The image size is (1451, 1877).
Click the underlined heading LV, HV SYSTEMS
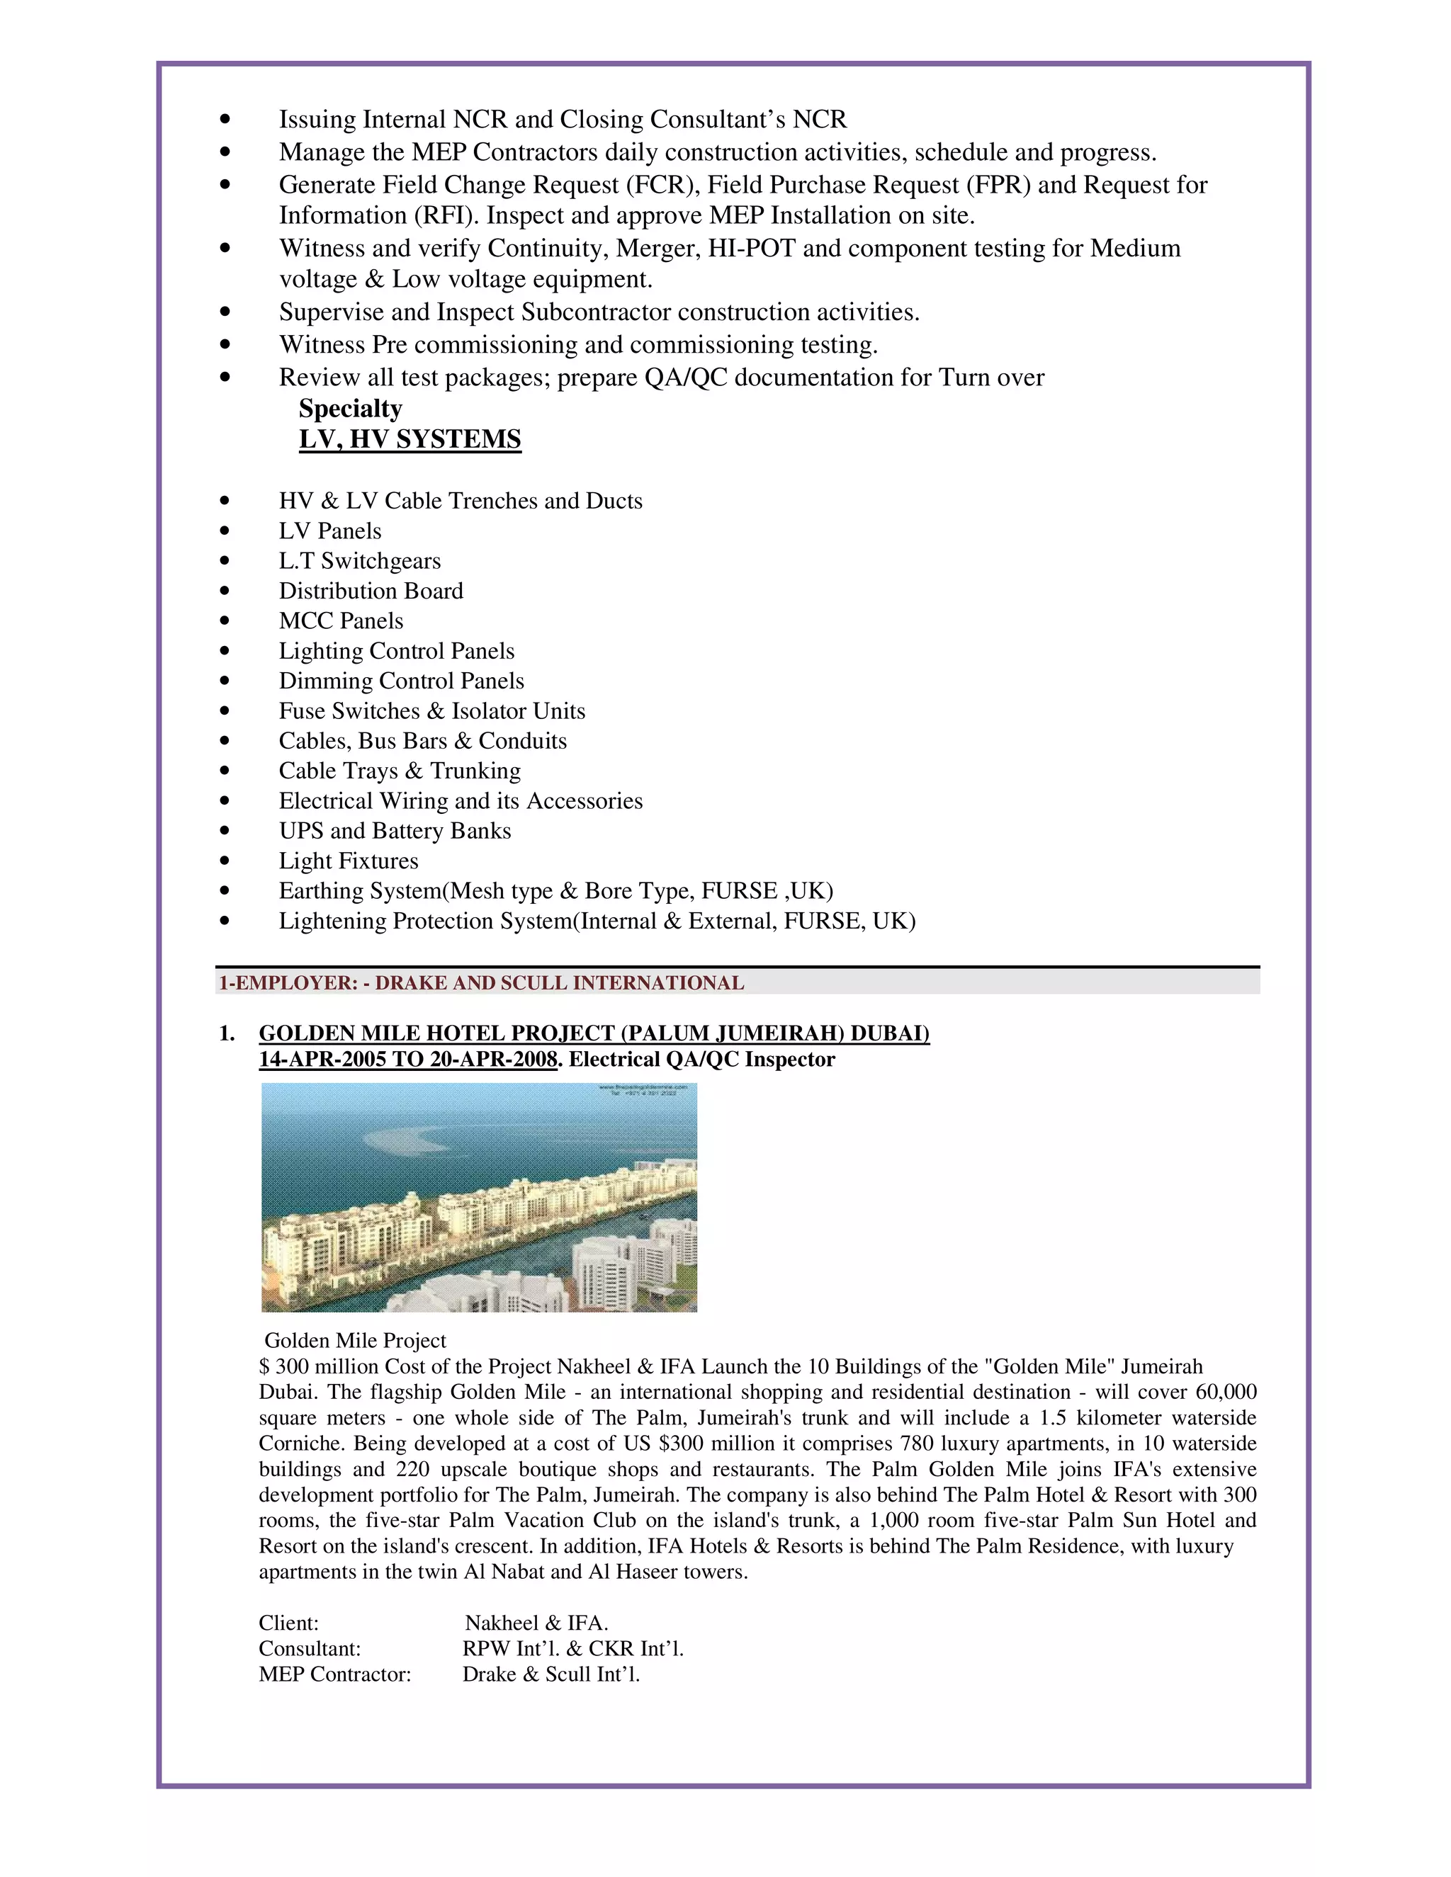click(x=410, y=439)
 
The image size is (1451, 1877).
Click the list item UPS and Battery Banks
click(x=395, y=830)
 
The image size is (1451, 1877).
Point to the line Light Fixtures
click(x=348, y=861)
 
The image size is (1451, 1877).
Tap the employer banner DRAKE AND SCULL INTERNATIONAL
click(x=559, y=982)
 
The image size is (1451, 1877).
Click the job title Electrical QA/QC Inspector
click(x=701, y=1059)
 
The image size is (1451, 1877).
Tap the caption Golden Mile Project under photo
click(x=355, y=1340)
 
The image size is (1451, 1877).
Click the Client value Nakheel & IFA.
click(x=536, y=1623)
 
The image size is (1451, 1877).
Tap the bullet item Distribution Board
click(x=371, y=591)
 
